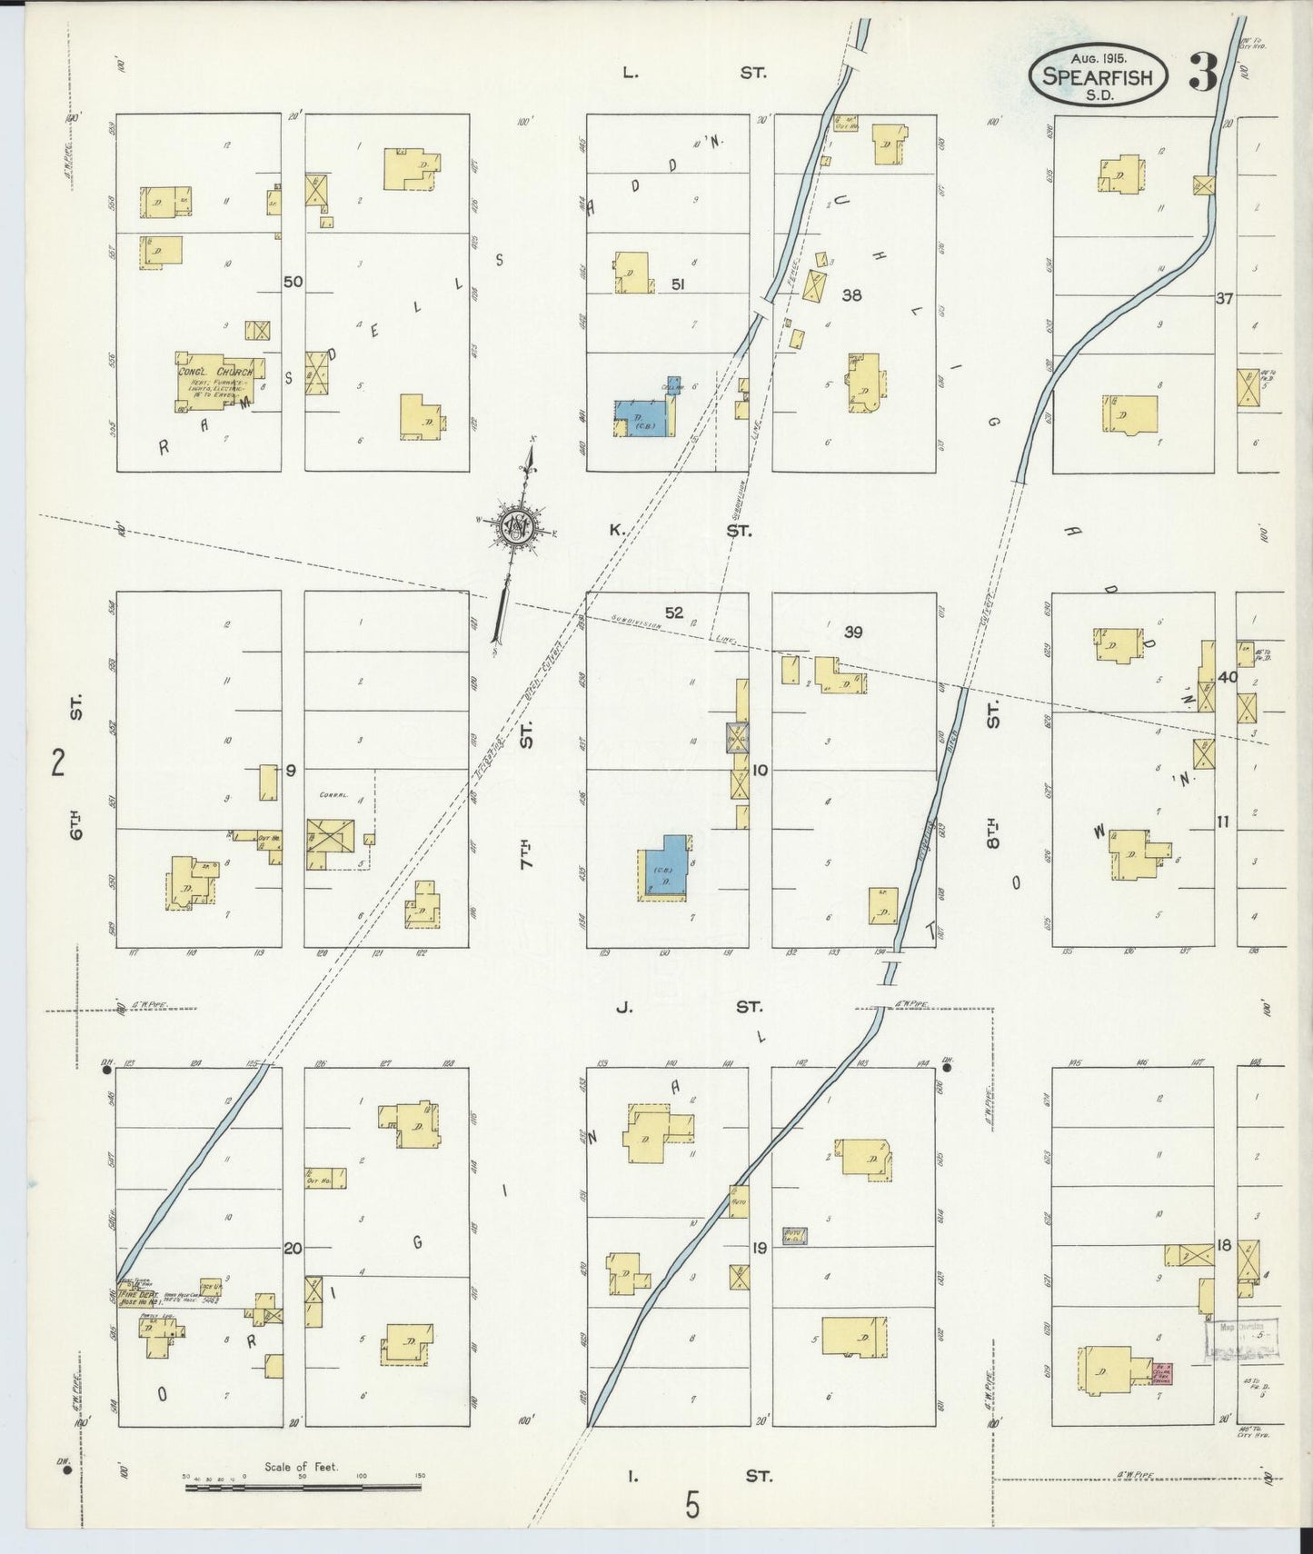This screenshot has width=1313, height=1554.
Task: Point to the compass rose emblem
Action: pos(517,528)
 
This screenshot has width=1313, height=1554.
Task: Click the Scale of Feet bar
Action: pos(303,1489)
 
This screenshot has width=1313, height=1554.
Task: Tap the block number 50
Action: pos(292,282)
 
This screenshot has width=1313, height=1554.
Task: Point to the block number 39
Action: pos(852,633)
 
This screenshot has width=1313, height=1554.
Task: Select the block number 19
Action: pos(759,1248)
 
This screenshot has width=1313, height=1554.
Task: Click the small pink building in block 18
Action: pos(1161,1372)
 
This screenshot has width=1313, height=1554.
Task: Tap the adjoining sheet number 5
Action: pos(693,1507)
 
